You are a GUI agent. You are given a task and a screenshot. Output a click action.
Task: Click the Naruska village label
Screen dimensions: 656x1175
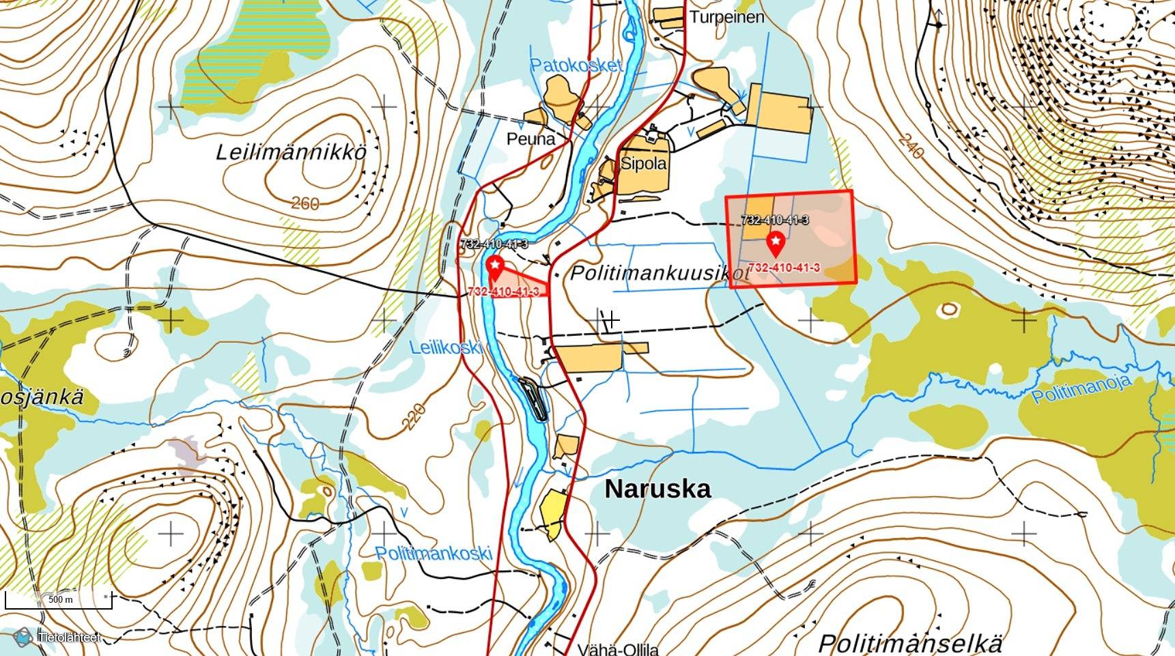pos(657,489)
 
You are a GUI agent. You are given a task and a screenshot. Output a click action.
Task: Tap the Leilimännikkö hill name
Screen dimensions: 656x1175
pos(292,152)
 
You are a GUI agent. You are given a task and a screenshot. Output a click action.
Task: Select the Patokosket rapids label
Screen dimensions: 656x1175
pos(577,66)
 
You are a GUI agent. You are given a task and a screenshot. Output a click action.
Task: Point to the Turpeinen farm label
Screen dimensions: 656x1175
pos(726,17)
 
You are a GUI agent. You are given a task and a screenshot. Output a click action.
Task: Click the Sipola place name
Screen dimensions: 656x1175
pos(643,164)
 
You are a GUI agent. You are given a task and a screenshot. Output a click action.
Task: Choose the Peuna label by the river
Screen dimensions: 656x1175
pos(530,139)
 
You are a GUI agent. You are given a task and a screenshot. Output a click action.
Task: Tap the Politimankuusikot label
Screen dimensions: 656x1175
pos(660,274)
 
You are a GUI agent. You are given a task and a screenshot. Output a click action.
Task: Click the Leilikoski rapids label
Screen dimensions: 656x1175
pos(446,347)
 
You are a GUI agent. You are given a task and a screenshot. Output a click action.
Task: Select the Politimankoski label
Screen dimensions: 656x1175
pos(434,553)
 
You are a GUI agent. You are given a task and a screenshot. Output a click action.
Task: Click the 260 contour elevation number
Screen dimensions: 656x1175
pos(305,203)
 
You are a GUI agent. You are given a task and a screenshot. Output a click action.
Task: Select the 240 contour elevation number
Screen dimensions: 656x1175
pos(911,146)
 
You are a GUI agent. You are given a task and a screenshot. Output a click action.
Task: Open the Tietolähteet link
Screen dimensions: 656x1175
pos(68,637)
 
